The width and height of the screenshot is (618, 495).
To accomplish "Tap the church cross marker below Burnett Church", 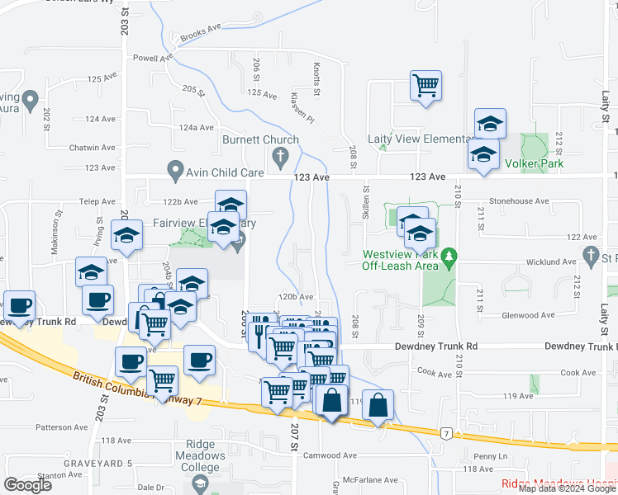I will click(280, 156).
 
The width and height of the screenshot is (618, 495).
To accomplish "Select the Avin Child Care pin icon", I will click(175, 172).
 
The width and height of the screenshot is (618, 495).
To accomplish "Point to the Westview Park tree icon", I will click(449, 258).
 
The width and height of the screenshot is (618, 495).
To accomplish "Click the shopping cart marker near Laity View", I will click(425, 85).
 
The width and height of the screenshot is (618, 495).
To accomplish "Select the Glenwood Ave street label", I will click(529, 315).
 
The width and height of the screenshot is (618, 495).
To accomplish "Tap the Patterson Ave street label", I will click(62, 427).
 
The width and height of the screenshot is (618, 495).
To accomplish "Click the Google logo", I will click(27, 485).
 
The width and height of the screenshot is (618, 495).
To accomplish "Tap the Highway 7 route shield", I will click(445, 432).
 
